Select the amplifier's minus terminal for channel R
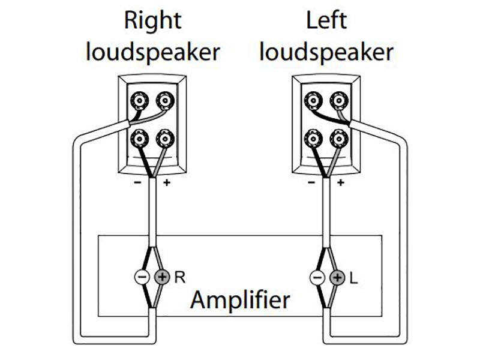[141, 277]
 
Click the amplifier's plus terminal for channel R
[163, 277]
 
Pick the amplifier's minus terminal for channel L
[316, 277]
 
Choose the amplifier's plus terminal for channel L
[338, 277]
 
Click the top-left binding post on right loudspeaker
[140, 98]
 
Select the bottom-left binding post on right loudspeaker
[140, 139]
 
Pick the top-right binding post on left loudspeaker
[339, 98]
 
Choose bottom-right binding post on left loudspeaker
[339, 139]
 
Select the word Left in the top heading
[326, 21]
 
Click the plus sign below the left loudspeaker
[340, 182]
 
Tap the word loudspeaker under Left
[326, 53]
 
